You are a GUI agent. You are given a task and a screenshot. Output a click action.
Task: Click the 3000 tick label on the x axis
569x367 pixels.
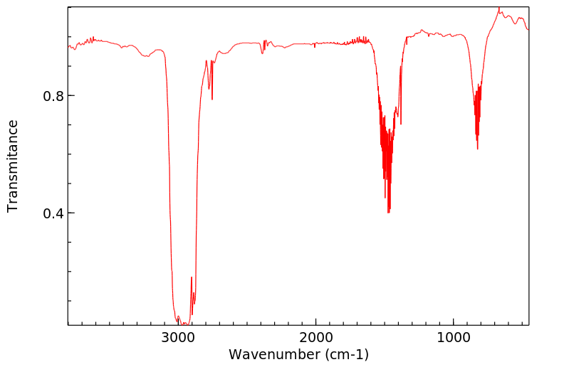pyautogui.click(x=179, y=337)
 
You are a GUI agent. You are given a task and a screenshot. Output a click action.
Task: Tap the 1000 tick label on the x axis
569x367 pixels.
pyautogui.click(x=454, y=337)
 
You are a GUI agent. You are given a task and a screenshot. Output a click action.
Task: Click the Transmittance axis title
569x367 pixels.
pyautogui.click(x=13, y=166)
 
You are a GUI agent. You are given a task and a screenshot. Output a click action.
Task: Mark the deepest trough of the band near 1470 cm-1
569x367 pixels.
pyautogui.click(x=388, y=212)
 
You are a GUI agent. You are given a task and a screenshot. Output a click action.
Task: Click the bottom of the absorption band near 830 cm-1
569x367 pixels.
pyautogui.click(x=477, y=149)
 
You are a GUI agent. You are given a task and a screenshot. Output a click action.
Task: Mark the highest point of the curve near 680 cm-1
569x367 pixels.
pyautogui.click(x=499, y=8)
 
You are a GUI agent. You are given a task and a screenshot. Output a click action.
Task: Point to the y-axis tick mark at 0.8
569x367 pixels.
pyautogui.click(x=71, y=96)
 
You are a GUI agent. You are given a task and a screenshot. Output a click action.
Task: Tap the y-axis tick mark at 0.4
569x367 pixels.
pyautogui.click(x=71, y=213)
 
